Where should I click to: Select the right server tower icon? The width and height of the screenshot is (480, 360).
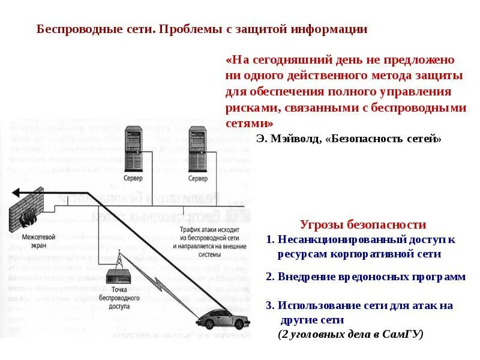point(197,148)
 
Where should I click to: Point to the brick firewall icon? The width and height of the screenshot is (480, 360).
point(27,211)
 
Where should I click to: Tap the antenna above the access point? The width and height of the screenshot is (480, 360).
point(118,259)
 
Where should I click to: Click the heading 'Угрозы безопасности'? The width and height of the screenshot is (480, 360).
point(362,225)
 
